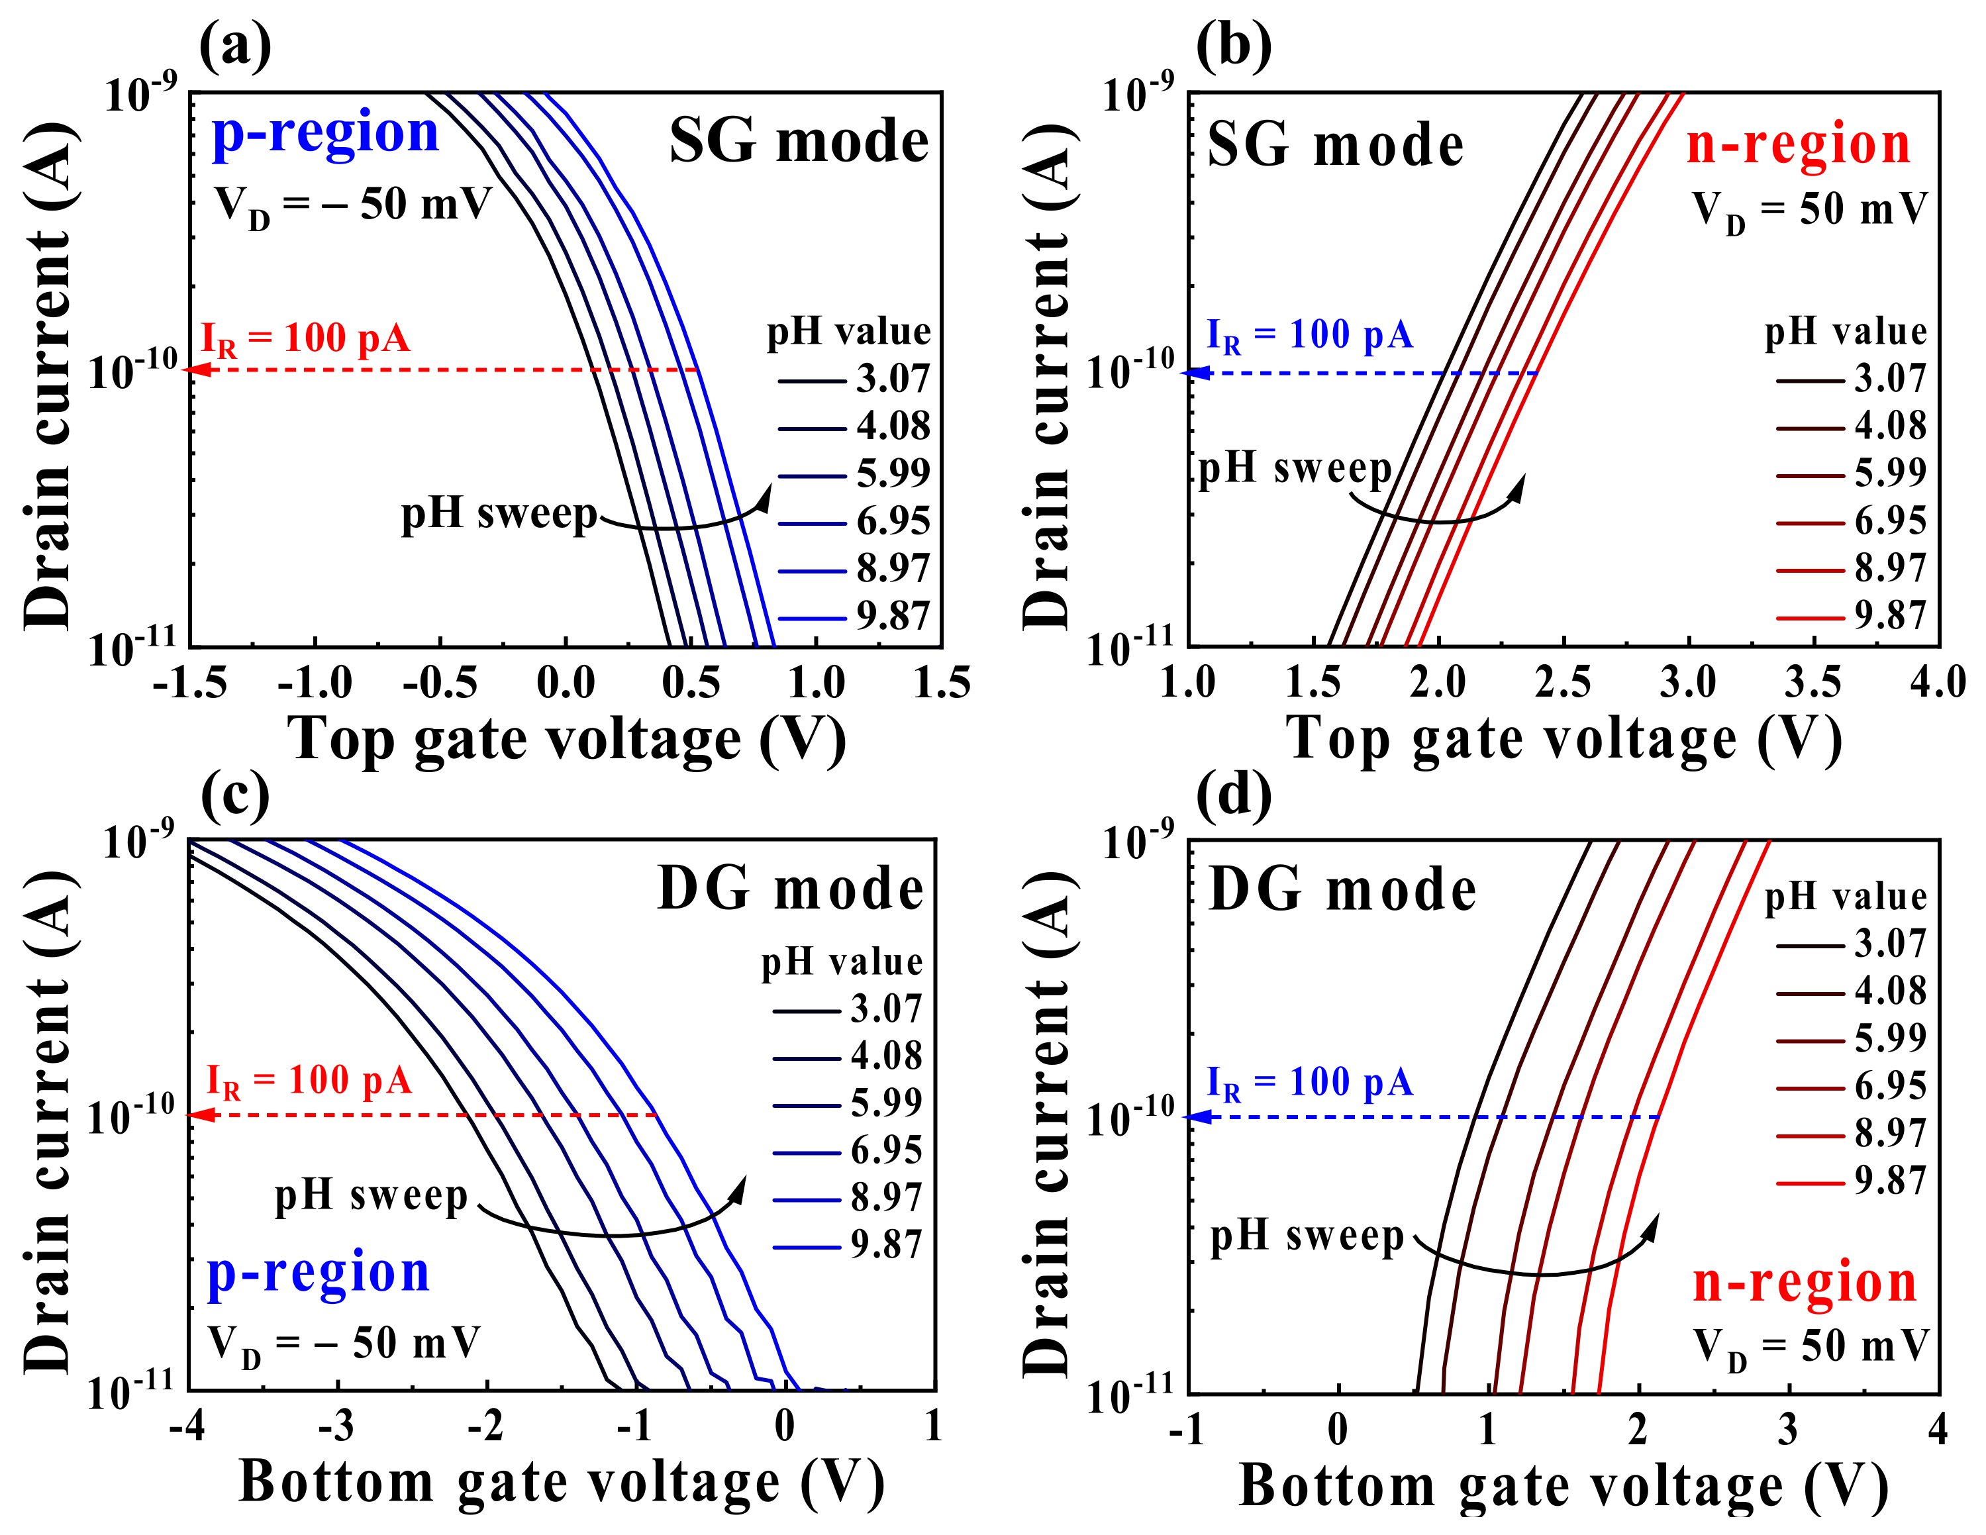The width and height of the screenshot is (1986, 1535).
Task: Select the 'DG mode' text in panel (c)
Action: (x=790, y=889)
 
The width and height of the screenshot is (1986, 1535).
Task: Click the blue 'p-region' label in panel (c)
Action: (x=319, y=1272)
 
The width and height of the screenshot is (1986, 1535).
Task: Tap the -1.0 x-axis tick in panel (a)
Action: (x=315, y=683)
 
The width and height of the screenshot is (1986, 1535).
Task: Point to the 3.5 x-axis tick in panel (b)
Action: (x=1813, y=683)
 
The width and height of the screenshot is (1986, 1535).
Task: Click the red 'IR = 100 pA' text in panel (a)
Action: (x=305, y=339)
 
